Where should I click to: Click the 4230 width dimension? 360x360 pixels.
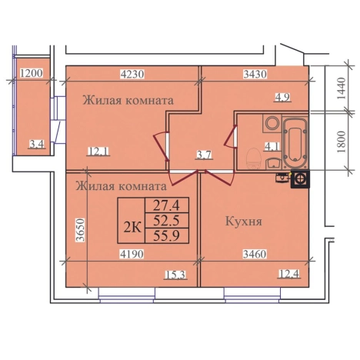tap(132, 74)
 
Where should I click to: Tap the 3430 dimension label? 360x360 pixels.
tap(255, 74)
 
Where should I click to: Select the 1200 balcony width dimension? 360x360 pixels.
tap(32, 73)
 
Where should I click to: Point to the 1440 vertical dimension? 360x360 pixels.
tap(342, 88)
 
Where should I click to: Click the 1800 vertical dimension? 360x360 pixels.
tap(342, 142)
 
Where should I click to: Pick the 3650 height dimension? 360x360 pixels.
tap(80, 230)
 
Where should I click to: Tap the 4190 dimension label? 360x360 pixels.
tap(132, 254)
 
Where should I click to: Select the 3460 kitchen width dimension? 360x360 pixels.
tap(255, 254)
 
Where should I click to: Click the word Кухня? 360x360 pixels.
tap(244, 222)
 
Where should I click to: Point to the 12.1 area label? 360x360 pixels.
tap(98, 151)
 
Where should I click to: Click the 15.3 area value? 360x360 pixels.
tap(175, 275)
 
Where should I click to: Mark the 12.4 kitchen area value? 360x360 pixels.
tap(289, 274)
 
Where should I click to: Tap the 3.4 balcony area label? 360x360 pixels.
tap(37, 145)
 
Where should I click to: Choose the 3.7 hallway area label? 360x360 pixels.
tap(204, 155)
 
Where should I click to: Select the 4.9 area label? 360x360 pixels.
tap(282, 97)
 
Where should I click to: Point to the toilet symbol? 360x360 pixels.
tap(254, 159)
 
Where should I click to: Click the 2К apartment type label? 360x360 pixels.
tap(132, 227)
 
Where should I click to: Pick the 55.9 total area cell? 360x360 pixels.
tap(167, 235)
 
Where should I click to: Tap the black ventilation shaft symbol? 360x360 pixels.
tap(300, 179)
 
